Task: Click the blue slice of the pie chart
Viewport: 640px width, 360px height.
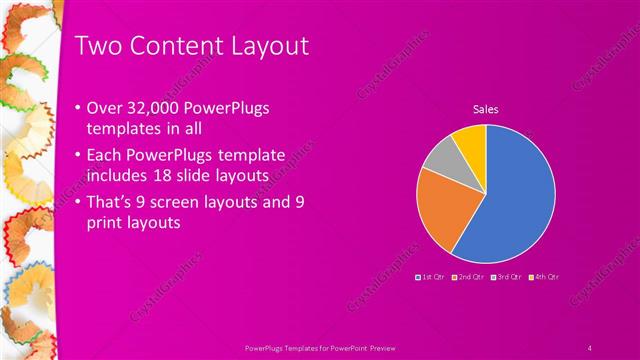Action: (x=515, y=200)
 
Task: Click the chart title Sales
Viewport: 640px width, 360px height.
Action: (x=486, y=109)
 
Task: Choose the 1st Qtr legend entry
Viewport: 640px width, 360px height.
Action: (x=431, y=275)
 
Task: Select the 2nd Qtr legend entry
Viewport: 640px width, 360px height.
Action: (x=470, y=275)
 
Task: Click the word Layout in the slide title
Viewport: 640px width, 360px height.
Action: (x=264, y=46)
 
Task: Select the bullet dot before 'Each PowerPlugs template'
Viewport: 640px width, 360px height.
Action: (x=79, y=156)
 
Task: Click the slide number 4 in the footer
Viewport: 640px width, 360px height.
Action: (x=590, y=346)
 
